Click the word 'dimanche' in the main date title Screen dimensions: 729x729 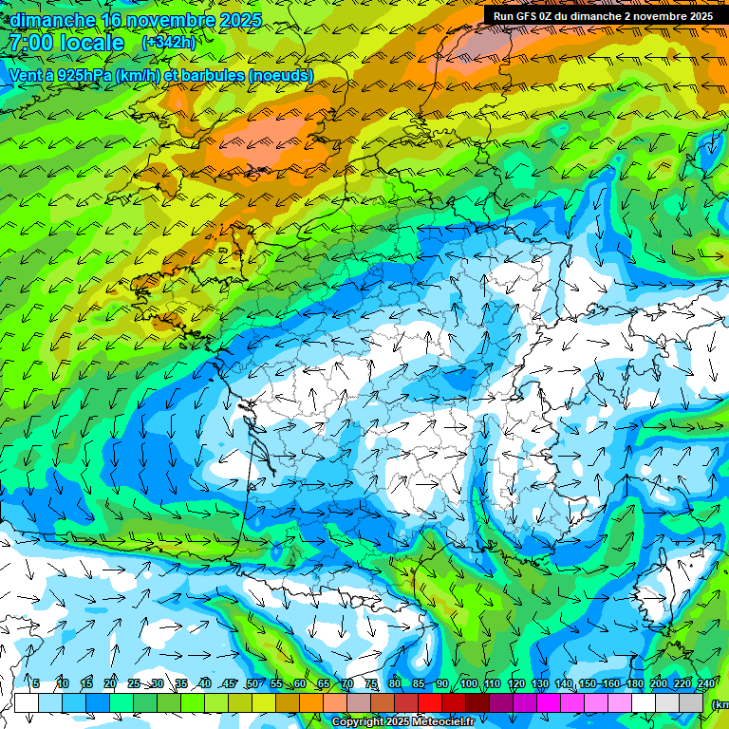[x=52, y=21]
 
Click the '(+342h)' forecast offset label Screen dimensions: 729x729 [x=170, y=44]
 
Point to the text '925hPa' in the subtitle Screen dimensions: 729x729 [x=81, y=75]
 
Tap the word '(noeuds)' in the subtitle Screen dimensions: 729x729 [x=281, y=75]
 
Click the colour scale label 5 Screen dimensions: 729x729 [x=36, y=684]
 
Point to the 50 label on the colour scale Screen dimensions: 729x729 [x=252, y=684]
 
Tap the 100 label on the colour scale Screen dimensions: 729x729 [x=468, y=684]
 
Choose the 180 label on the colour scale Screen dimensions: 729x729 [x=634, y=684]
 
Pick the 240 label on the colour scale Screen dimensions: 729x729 [x=705, y=684]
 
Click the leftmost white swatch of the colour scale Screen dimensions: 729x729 [x=27, y=702]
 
